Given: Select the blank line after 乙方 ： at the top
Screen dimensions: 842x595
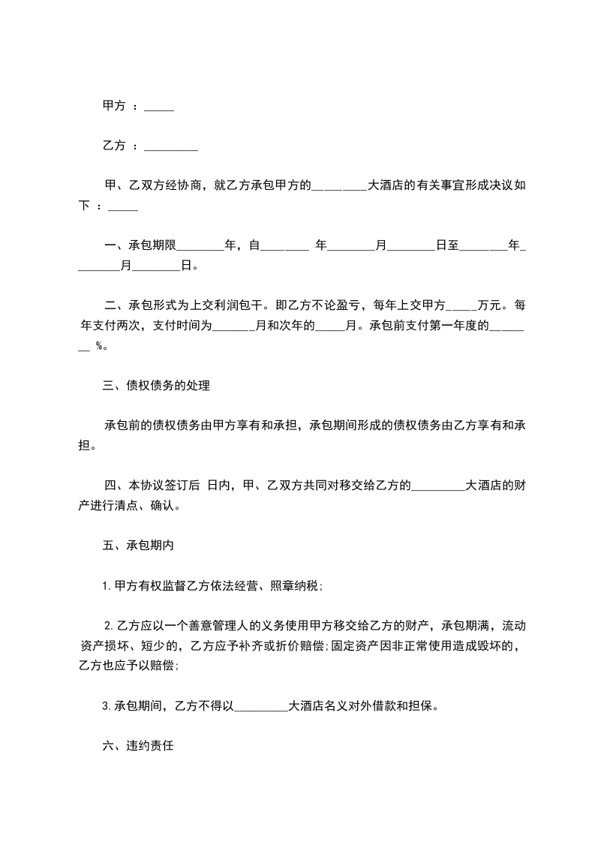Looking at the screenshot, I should click(170, 147).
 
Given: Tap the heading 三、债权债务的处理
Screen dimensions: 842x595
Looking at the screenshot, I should click(156, 387).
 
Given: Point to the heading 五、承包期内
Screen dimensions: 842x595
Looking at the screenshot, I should click(138, 546).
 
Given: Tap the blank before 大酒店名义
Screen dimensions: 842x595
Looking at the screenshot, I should click(262, 705).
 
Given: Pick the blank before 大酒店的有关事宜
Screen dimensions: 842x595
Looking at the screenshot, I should click(338, 186).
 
